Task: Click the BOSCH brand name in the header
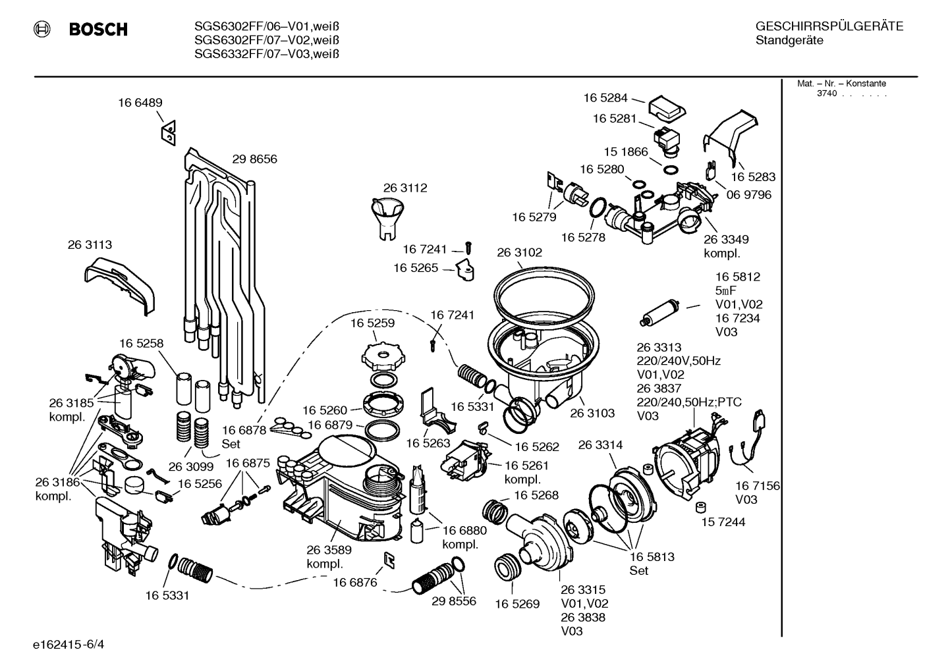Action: (x=98, y=29)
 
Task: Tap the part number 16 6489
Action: (x=140, y=103)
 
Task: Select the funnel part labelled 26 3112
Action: (x=387, y=219)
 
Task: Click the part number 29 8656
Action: (x=254, y=159)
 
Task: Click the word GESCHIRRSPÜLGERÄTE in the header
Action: (x=829, y=26)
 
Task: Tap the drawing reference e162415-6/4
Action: (x=69, y=645)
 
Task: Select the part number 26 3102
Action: (x=520, y=253)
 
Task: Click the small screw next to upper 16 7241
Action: (x=468, y=248)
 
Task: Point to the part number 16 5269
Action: (x=517, y=604)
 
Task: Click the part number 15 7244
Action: (x=723, y=522)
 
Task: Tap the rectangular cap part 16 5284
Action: (x=667, y=109)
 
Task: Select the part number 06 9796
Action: (x=749, y=195)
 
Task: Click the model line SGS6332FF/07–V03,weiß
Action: (x=267, y=54)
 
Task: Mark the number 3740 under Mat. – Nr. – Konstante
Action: (x=827, y=94)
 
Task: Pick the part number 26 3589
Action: (x=329, y=550)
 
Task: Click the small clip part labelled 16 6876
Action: (x=389, y=560)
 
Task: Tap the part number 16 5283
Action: (x=753, y=176)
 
